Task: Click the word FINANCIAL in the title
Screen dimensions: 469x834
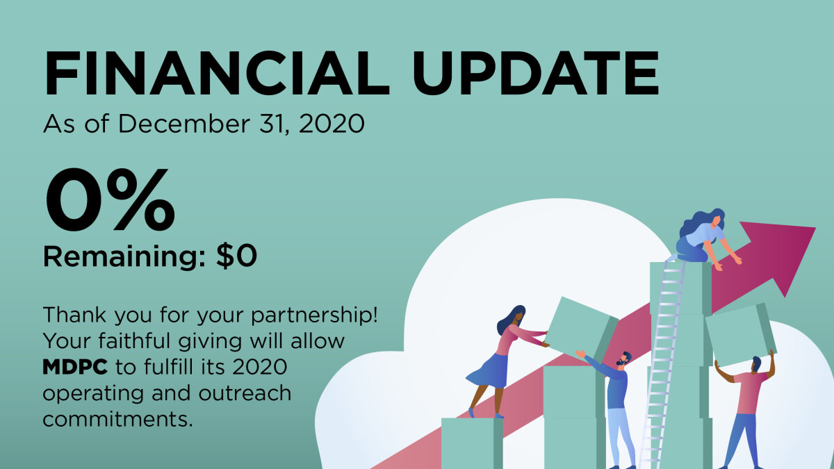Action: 216,72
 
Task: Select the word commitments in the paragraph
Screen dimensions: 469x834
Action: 117,419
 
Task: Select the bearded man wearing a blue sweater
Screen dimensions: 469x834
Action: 616,403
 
